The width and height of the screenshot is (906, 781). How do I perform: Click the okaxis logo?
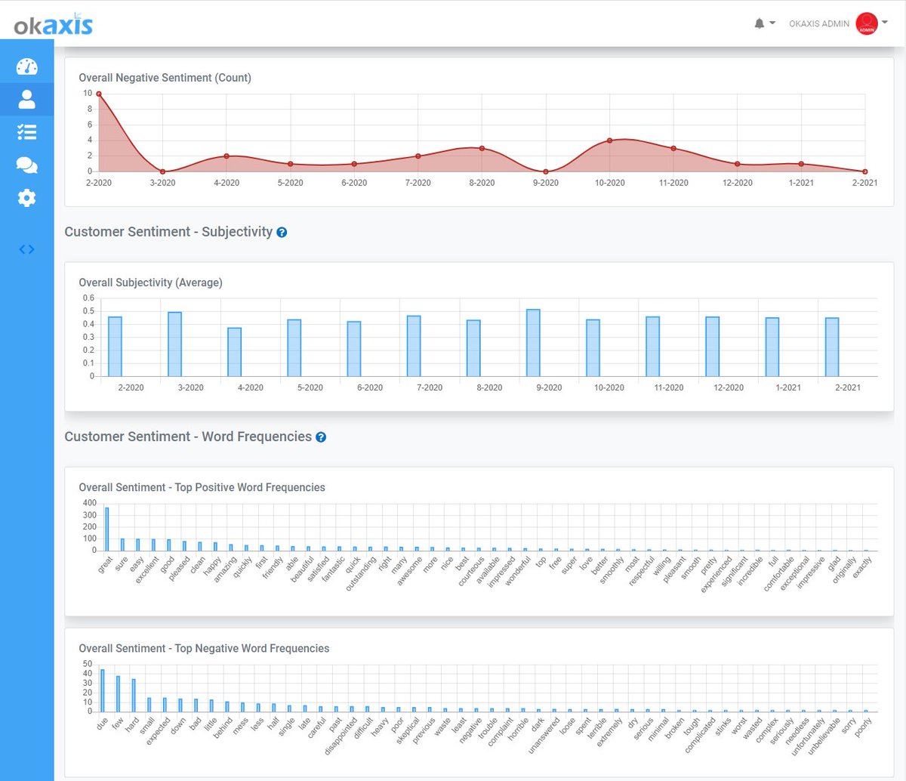click(53, 25)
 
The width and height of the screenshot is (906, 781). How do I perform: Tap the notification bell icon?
click(760, 23)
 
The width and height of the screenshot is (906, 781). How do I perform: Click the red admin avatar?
click(866, 23)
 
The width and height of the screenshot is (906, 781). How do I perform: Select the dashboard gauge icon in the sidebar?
click(26, 66)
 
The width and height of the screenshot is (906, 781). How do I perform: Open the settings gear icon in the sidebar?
click(26, 198)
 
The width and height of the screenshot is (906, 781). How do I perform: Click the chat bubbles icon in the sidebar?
click(26, 165)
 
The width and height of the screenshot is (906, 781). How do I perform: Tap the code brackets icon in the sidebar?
click(26, 249)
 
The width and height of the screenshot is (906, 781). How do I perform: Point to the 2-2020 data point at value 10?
click(99, 94)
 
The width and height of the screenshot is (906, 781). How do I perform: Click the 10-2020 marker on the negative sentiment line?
click(609, 140)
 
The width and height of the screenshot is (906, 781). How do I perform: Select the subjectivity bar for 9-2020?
click(533, 343)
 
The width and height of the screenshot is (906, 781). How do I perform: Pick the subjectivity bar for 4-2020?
click(235, 352)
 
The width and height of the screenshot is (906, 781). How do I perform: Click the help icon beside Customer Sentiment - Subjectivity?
click(282, 233)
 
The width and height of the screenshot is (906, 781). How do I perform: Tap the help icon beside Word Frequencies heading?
click(321, 437)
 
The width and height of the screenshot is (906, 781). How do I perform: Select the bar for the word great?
click(106, 529)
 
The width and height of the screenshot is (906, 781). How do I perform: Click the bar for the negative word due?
click(103, 690)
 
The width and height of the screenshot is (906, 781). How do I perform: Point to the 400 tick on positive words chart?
click(90, 503)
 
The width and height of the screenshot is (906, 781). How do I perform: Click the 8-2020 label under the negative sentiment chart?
click(482, 183)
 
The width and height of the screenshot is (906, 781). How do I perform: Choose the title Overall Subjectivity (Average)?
click(150, 282)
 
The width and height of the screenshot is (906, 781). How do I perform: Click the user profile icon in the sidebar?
click(26, 99)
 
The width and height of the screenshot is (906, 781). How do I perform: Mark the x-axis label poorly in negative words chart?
click(863, 726)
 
